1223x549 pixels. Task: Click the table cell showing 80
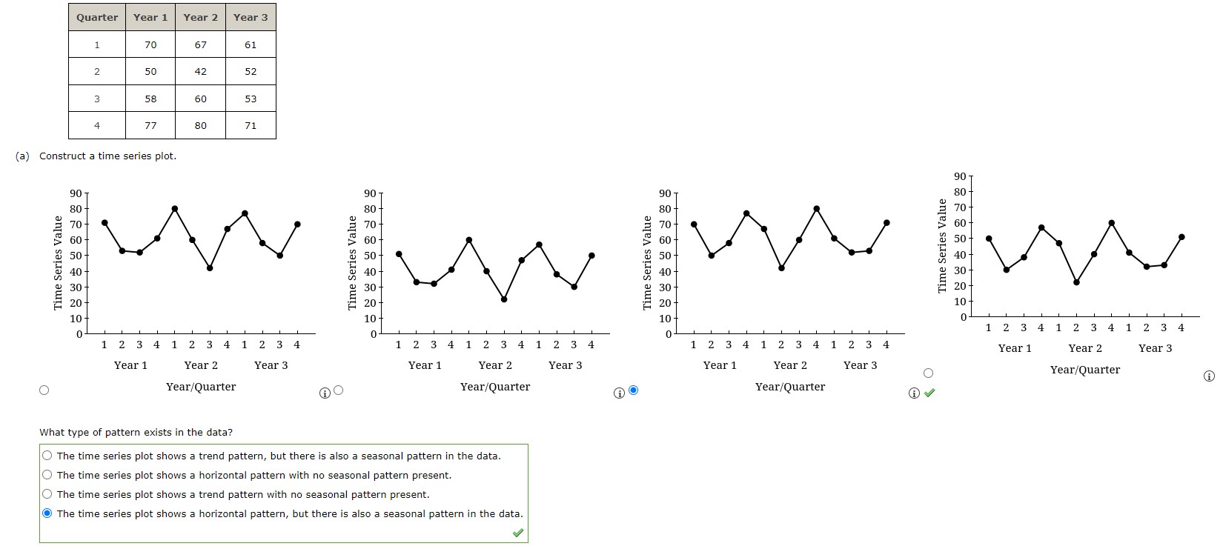point(200,125)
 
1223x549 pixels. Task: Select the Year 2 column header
point(200,17)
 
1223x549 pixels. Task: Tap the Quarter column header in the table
point(96,17)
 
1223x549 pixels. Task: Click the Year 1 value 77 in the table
point(150,125)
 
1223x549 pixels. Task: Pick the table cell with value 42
point(200,71)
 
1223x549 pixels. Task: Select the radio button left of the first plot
point(44,390)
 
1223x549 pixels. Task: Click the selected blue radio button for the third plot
point(633,390)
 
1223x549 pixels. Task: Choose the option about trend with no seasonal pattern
point(47,494)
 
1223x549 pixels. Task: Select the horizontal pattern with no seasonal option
point(47,475)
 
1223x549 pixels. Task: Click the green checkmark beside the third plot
point(929,393)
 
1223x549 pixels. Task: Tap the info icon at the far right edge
point(1209,376)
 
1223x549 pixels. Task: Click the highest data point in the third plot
point(816,209)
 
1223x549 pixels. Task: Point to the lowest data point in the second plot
point(504,299)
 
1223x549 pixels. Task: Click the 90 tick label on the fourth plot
point(959,176)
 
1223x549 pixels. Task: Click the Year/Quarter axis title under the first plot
point(201,387)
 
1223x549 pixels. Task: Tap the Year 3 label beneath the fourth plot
point(1155,348)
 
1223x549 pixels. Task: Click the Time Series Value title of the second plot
point(353,263)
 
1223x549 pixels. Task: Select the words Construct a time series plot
point(107,156)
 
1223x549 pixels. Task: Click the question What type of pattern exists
point(136,432)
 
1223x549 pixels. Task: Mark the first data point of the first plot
point(105,223)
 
